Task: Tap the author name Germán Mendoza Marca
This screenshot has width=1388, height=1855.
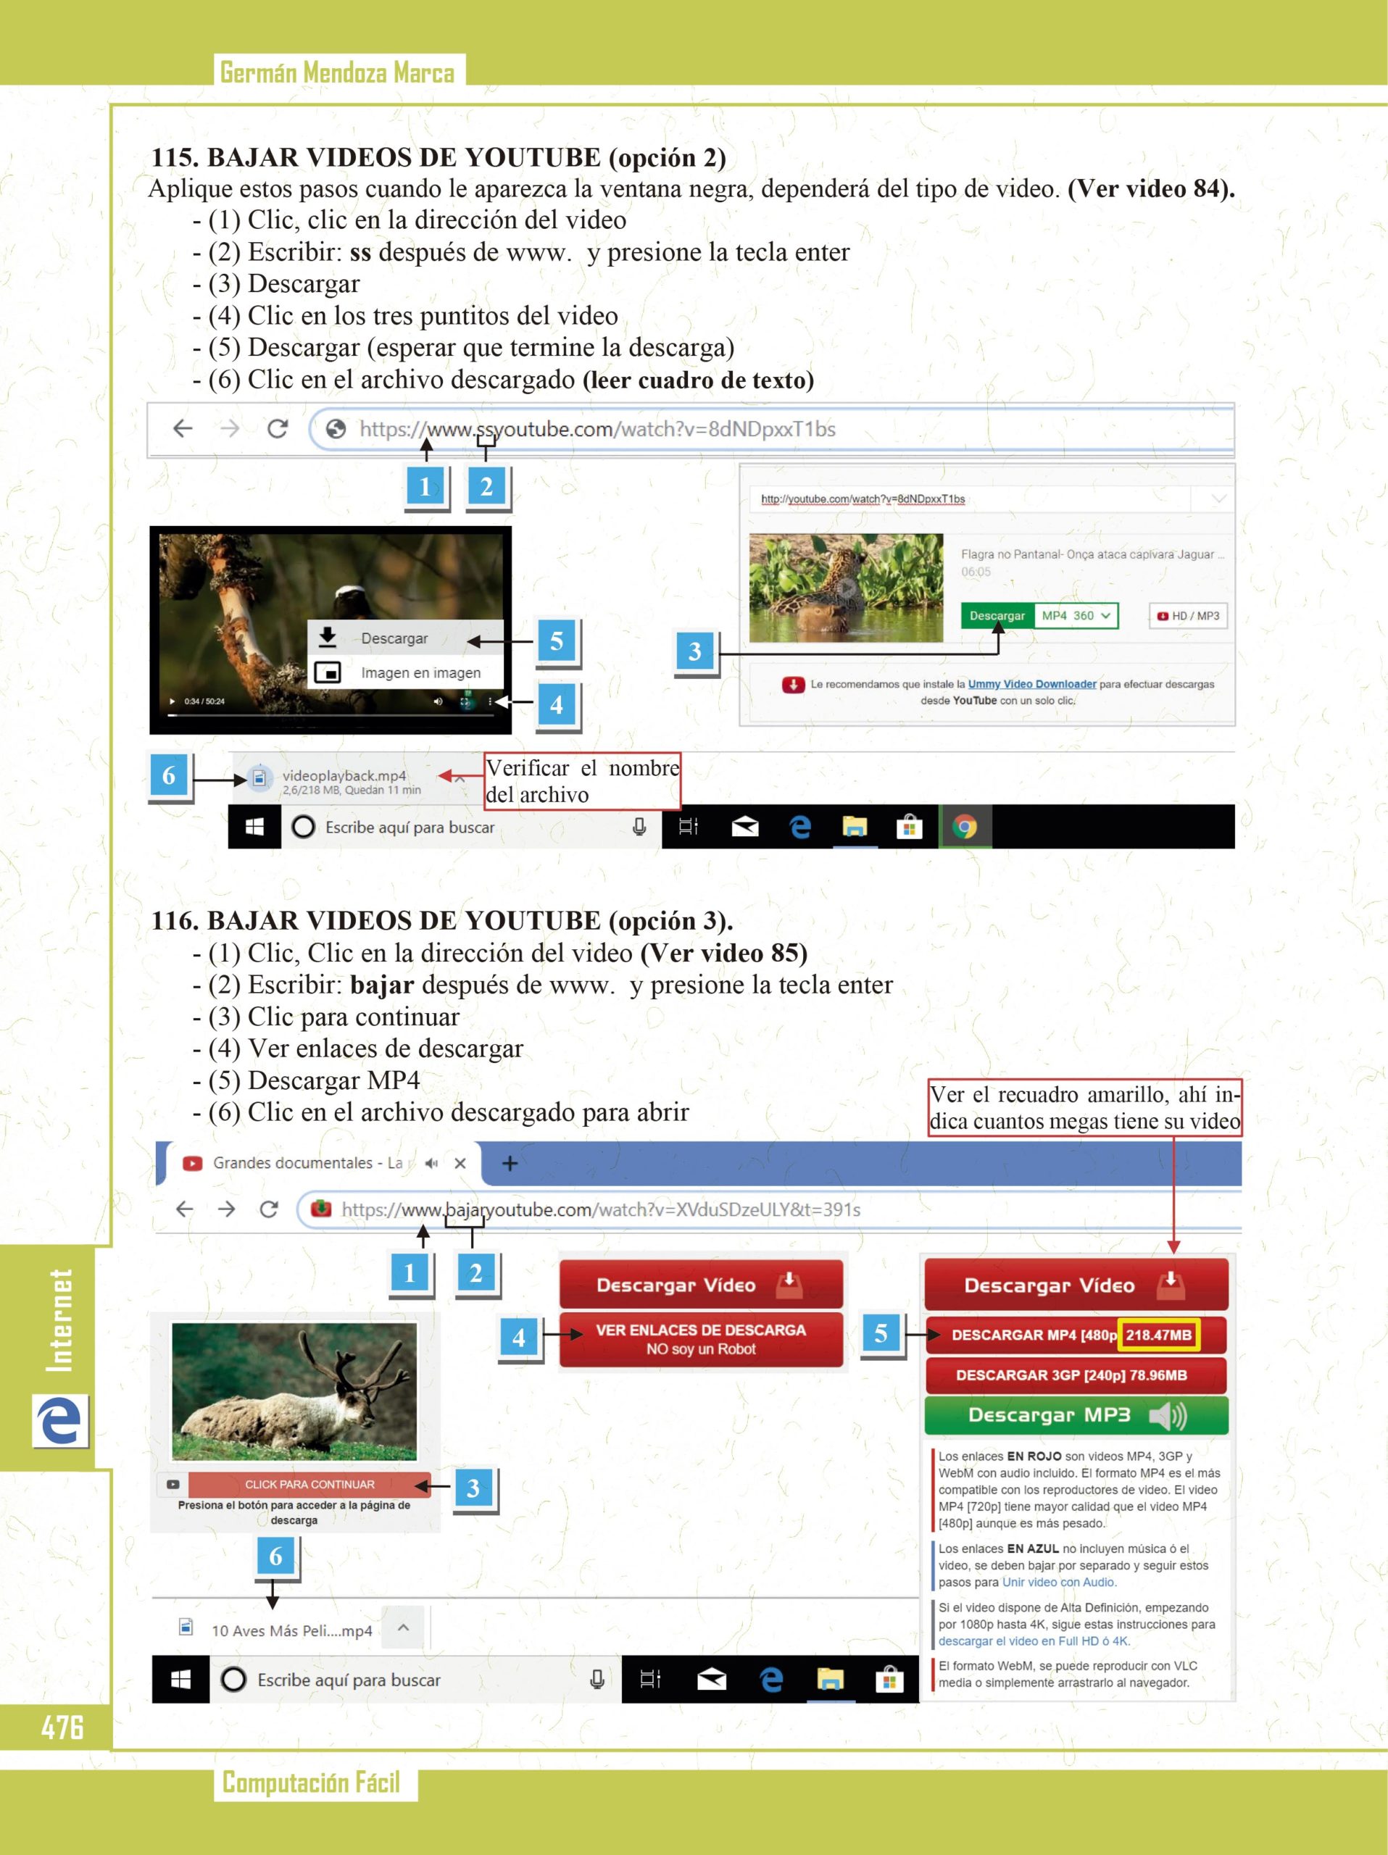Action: click(x=337, y=73)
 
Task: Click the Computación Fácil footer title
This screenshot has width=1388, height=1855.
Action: click(x=311, y=1782)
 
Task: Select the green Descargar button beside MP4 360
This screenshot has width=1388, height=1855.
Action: click(x=997, y=615)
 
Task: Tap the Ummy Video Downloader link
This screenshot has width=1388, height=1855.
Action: click(x=1031, y=684)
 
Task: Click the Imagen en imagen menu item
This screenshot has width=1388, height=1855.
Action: click(x=420, y=672)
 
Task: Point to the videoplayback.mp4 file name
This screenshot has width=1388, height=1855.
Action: click(x=344, y=776)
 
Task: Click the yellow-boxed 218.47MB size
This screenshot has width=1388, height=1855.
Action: click(x=1158, y=1335)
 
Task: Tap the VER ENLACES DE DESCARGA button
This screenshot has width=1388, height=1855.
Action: click(x=701, y=1339)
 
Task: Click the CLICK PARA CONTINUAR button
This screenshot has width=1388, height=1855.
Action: click(x=309, y=1484)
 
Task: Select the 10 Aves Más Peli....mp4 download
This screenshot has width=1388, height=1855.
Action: click(x=291, y=1631)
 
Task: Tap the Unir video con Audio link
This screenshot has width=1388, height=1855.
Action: click(x=1058, y=1583)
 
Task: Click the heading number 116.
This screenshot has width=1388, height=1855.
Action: click(x=175, y=921)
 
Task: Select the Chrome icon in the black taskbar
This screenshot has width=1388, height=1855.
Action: click(x=965, y=828)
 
